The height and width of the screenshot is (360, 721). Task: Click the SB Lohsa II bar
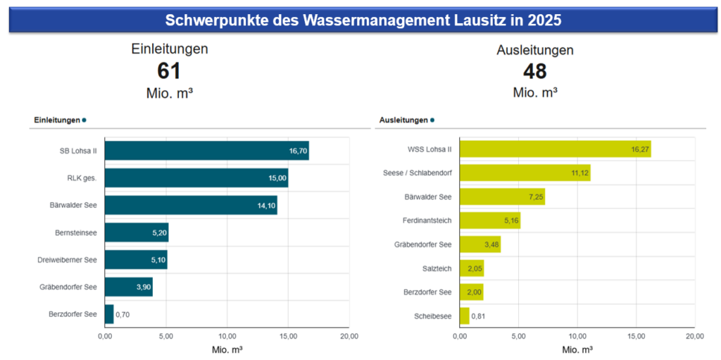(x=206, y=150)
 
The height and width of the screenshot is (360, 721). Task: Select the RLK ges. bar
(x=196, y=178)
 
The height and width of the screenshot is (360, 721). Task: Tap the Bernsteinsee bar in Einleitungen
(x=137, y=232)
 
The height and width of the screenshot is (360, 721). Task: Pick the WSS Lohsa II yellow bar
(x=555, y=149)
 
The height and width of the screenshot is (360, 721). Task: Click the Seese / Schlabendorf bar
(x=525, y=173)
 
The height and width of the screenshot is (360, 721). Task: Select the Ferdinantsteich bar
(x=489, y=221)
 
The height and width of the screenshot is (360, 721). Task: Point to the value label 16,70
(x=298, y=151)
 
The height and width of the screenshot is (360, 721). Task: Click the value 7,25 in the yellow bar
(x=532, y=197)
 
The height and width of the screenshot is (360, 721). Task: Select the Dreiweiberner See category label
(x=67, y=260)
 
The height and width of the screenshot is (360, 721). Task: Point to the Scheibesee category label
(x=433, y=316)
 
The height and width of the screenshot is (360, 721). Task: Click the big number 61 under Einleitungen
(x=169, y=71)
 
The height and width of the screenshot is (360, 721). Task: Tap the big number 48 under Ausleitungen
(x=534, y=71)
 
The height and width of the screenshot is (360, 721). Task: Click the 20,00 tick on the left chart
(x=349, y=337)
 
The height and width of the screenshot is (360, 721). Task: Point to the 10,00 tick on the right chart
(x=577, y=337)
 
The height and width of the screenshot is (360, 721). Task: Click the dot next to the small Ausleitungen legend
(x=432, y=120)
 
